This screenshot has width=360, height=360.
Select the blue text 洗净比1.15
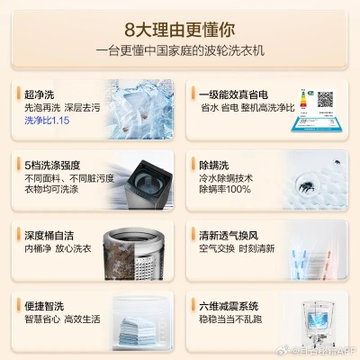pos(48,121)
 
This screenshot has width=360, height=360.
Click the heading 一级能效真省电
pos(231,94)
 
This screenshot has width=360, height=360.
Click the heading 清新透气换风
pos(231,235)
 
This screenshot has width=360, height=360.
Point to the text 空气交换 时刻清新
pos(236,248)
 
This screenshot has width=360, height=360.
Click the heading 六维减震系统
pos(231,305)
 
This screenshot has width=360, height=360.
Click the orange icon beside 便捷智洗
pos(18,305)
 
